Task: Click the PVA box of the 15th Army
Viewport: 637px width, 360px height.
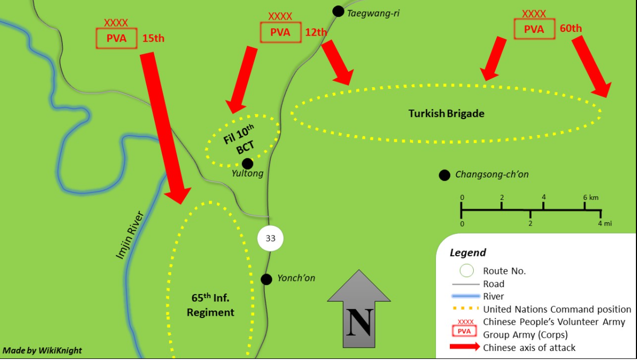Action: click(x=116, y=38)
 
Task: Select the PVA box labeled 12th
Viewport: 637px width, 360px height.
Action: click(x=280, y=32)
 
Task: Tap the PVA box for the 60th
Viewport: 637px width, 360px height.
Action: click(x=534, y=29)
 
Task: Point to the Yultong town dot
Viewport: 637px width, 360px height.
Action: click(x=247, y=163)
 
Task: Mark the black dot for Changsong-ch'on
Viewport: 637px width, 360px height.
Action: click(x=444, y=175)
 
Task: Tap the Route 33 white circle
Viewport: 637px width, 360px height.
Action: click(x=270, y=238)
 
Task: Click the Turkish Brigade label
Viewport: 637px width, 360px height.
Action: click(x=446, y=113)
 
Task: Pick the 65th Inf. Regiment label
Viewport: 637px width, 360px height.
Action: click(x=211, y=305)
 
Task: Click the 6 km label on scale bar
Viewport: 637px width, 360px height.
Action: click(x=590, y=197)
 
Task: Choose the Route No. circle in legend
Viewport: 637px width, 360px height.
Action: click(x=466, y=271)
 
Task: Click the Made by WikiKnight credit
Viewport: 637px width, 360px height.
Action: click(x=43, y=350)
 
